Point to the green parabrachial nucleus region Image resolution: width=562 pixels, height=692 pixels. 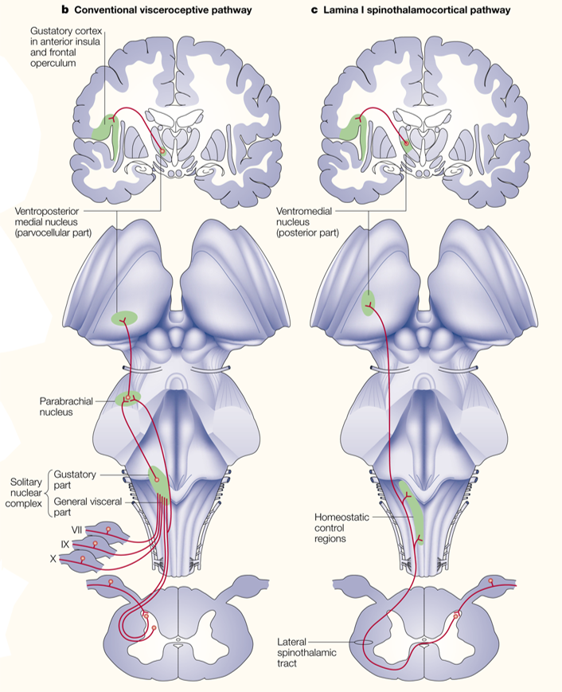click(x=127, y=397)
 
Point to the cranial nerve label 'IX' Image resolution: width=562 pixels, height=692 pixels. click(x=65, y=544)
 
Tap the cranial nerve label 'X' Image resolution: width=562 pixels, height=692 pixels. click(x=53, y=559)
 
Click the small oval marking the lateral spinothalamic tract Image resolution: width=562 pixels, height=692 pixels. click(x=364, y=642)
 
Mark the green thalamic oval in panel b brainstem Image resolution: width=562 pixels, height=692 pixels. click(x=123, y=319)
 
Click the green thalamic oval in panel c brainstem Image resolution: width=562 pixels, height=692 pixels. click(x=368, y=303)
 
